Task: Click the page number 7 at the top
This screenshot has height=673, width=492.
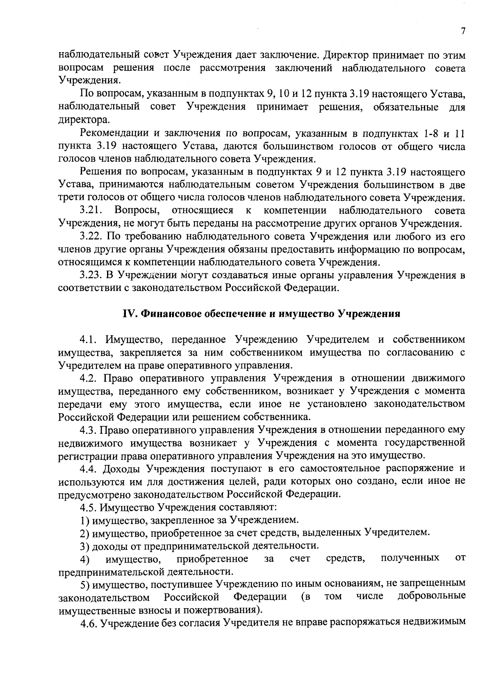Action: [462, 32]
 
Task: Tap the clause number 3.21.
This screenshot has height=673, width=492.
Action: [91, 211]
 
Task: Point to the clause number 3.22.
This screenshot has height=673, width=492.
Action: [91, 237]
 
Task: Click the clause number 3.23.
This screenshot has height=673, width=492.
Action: [91, 275]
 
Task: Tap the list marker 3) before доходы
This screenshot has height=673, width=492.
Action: [84, 546]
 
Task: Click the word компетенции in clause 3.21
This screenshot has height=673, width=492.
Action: [295, 211]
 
